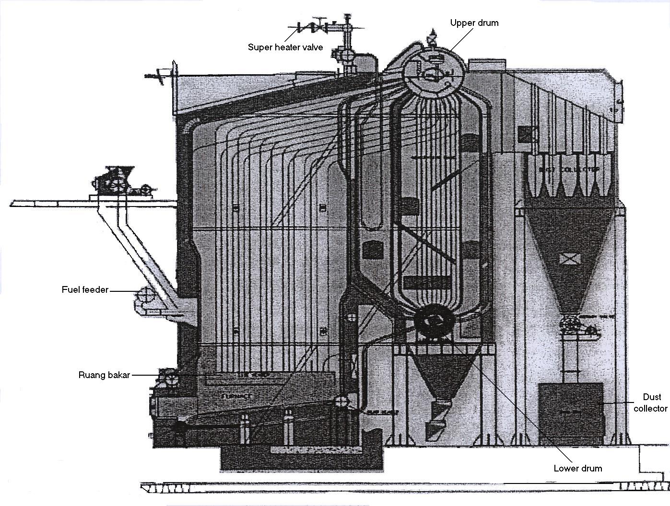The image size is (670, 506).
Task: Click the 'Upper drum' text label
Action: (474, 23)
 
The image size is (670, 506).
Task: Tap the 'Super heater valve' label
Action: (285, 47)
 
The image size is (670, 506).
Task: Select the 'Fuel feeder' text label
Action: (85, 290)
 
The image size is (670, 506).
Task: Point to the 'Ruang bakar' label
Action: (104, 375)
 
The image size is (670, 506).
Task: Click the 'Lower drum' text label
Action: (577, 468)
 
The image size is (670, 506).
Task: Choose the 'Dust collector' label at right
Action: (650, 403)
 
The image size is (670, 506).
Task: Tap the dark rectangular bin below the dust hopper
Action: (570, 407)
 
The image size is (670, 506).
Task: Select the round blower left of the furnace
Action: (168, 377)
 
